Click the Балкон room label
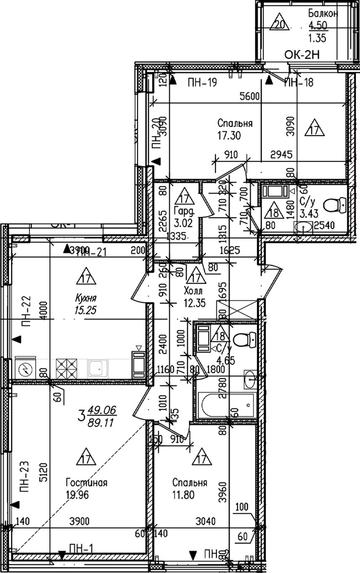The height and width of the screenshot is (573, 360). point(323,13)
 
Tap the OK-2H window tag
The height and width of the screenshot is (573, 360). point(302,54)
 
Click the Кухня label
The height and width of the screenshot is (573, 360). point(86,298)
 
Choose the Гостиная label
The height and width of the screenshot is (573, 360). point(87,483)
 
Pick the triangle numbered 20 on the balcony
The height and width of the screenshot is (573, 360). point(279,23)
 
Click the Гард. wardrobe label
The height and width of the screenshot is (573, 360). point(184,210)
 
